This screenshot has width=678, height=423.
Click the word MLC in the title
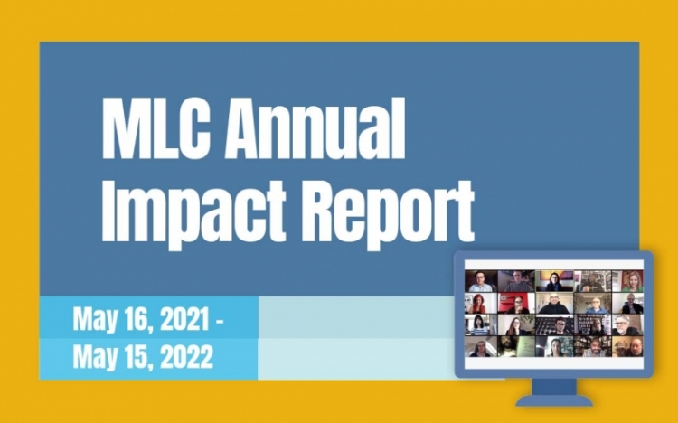click(156, 128)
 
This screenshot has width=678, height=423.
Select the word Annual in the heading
click(315, 128)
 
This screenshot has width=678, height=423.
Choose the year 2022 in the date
click(188, 357)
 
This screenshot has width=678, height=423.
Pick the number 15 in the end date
click(139, 357)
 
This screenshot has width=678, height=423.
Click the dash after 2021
click(220, 321)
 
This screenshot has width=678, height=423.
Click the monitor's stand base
click(554, 400)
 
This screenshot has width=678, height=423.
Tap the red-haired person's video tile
click(481, 303)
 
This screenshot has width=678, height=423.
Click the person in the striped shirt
click(481, 324)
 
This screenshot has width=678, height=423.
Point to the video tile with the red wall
click(516, 303)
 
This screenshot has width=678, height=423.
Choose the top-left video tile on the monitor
click(481, 281)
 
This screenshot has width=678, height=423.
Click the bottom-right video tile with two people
click(628, 347)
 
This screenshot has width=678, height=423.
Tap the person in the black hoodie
click(554, 303)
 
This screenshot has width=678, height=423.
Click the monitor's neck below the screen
click(554, 386)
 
